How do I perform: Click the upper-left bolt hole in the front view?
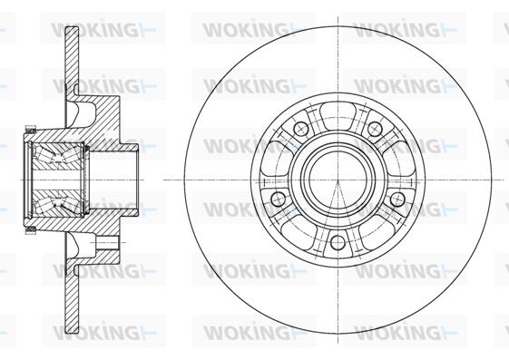click(300, 129)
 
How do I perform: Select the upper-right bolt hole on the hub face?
click(375, 129)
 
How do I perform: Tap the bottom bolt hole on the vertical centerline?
click(338, 243)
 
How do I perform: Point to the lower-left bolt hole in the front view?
click(278, 199)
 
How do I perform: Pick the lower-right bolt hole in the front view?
click(397, 199)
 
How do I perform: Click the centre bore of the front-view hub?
click(338, 180)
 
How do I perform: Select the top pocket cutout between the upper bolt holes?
click(338, 114)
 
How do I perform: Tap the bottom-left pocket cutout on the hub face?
click(299, 233)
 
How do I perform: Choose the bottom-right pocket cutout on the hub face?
click(377, 233)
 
